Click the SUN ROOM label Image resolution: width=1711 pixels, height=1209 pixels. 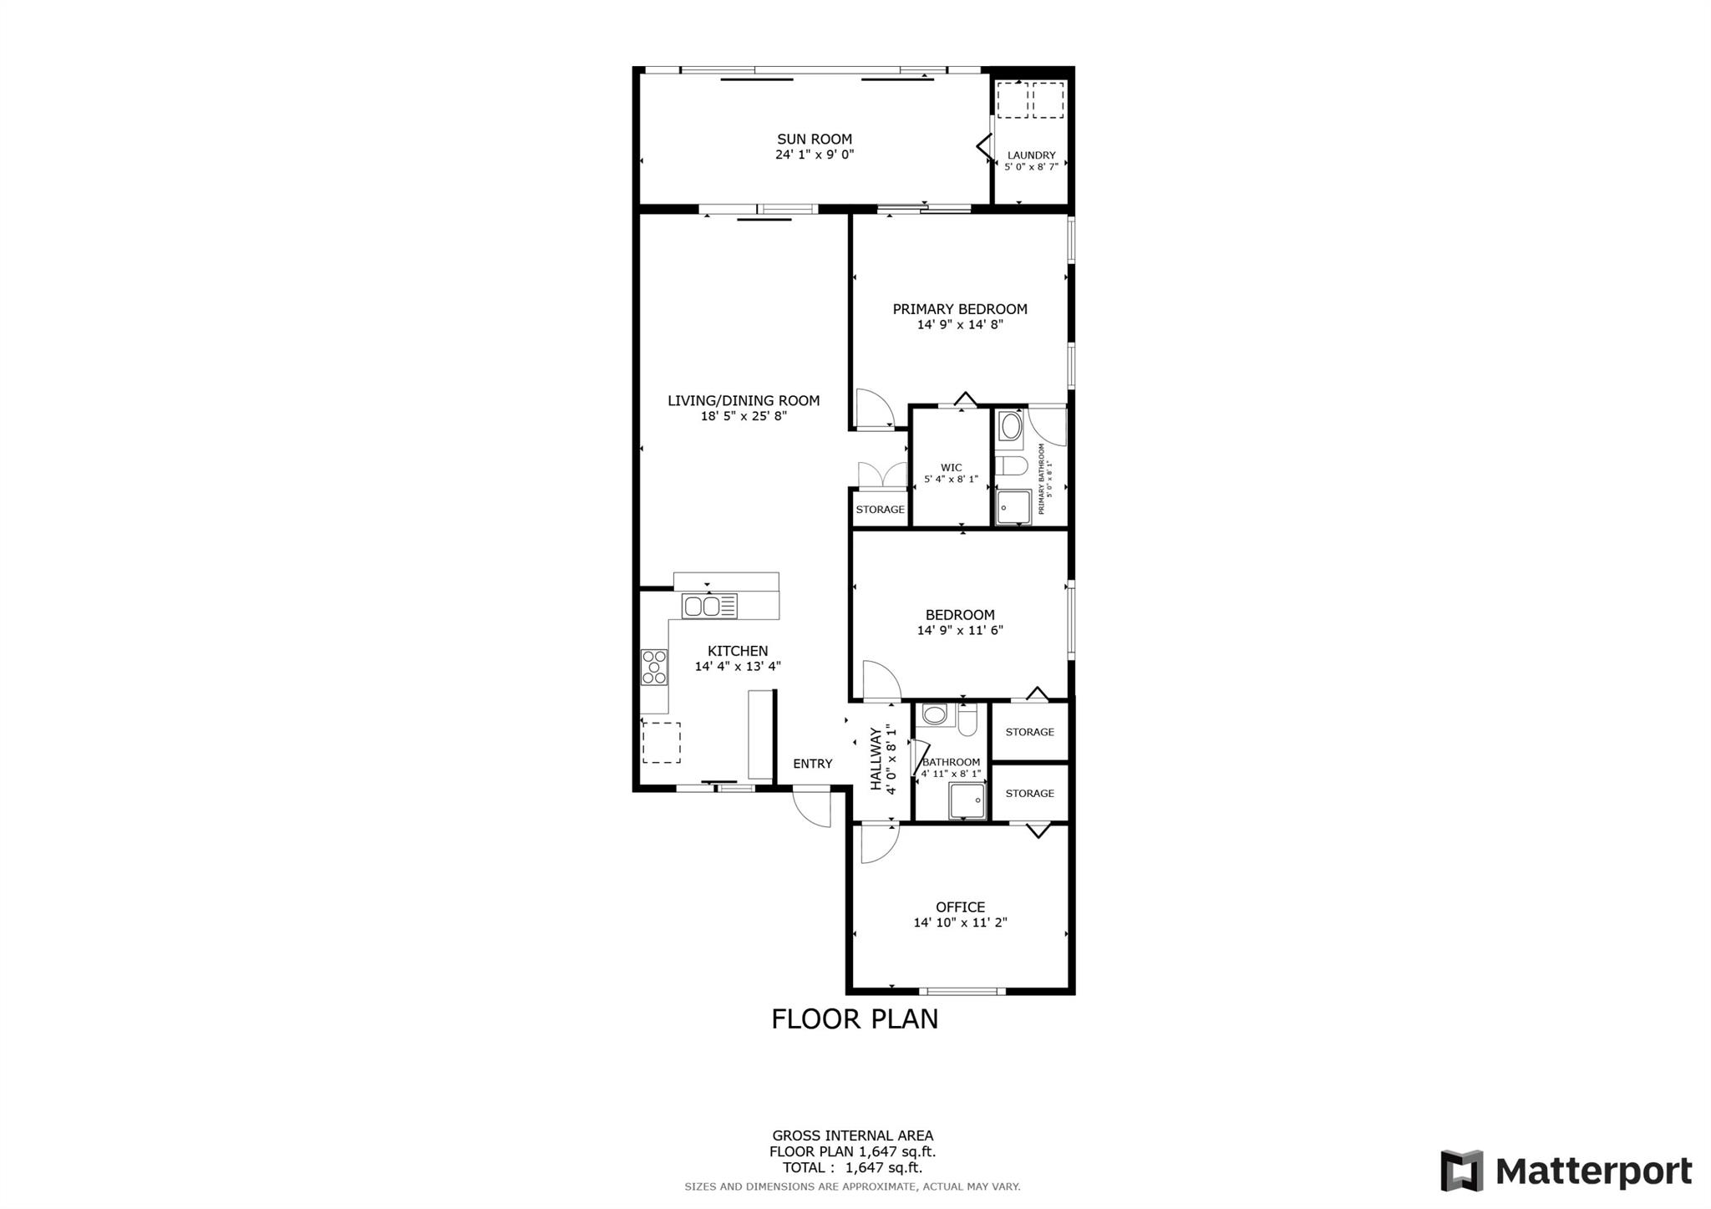coord(814,140)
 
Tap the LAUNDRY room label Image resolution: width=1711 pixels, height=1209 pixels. coord(1031,155)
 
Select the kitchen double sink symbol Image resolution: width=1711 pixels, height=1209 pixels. coord(709,606)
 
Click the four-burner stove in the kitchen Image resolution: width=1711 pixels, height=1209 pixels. coord(654,667)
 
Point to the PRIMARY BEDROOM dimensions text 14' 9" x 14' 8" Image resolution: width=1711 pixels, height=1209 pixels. coord(960,324)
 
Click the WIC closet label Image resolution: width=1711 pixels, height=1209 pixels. coord(951,468)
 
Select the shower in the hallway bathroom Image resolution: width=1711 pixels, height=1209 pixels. coord(967,800)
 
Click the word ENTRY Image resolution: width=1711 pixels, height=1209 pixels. coord(812,764)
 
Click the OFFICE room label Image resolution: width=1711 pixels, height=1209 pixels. coord(960,907)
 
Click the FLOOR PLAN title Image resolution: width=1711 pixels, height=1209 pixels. coord(854,1019)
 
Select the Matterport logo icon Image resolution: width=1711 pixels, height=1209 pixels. coord(1461,1171)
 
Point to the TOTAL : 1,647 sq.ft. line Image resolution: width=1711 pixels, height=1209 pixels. coord(852,1168)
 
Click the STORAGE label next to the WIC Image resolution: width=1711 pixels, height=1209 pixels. coord(880,510)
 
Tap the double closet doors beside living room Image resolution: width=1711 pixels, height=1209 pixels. coord(882,475)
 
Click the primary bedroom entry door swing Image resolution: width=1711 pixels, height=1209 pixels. coord(874,409)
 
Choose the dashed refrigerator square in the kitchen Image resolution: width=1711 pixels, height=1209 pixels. coord(661,743)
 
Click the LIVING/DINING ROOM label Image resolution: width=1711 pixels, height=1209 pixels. coord(743,401)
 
